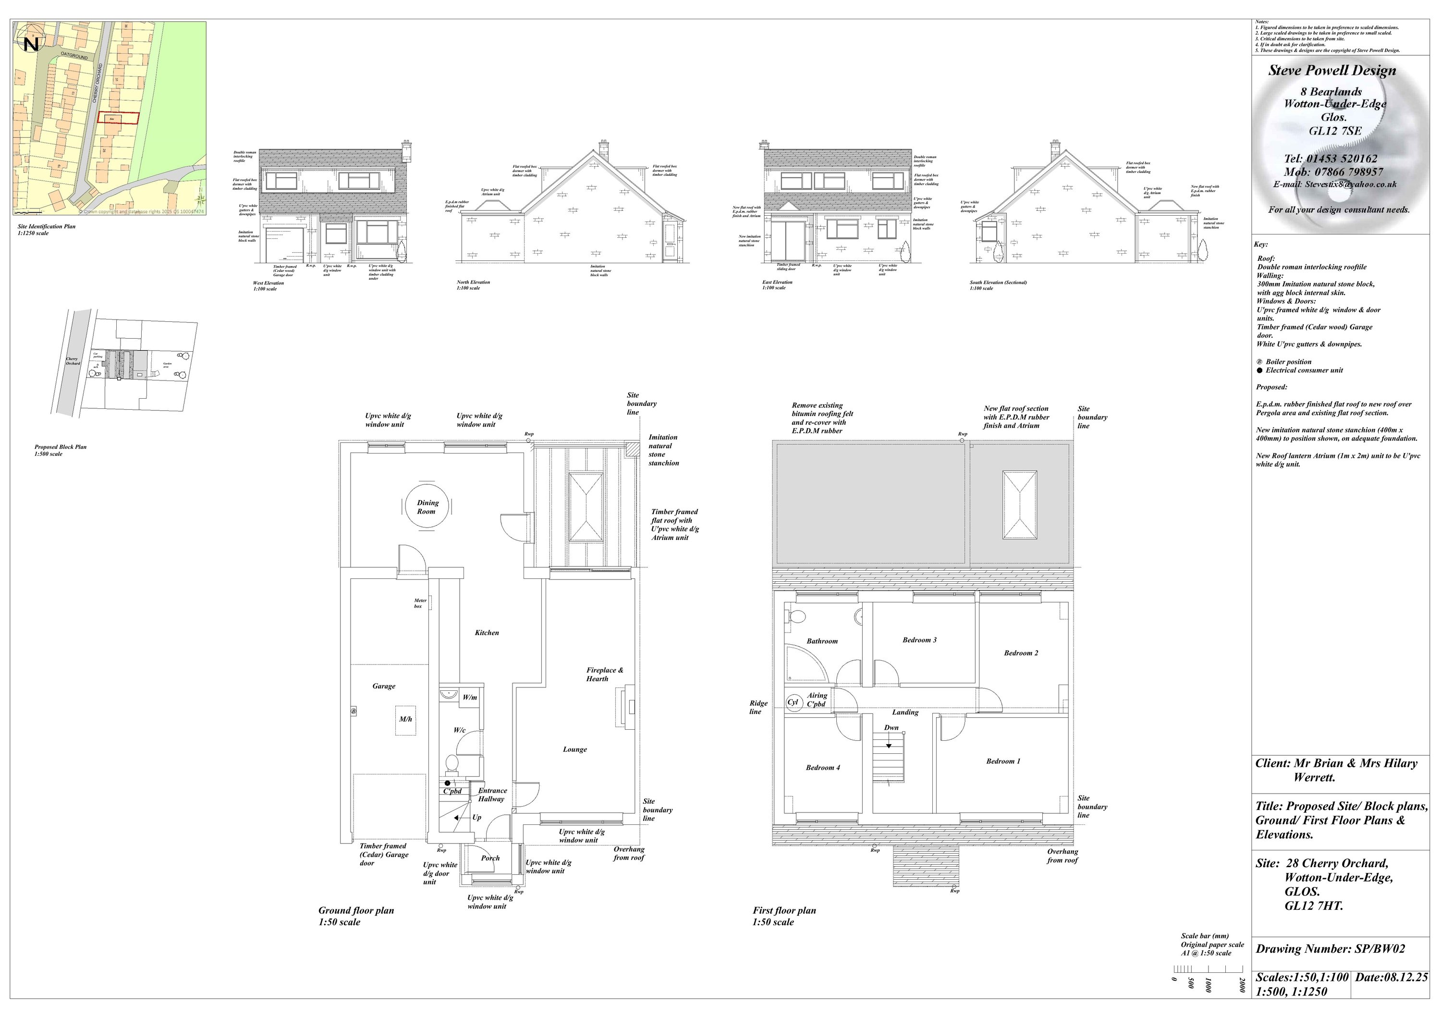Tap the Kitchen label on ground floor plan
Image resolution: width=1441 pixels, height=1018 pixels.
click(x=487, y=633)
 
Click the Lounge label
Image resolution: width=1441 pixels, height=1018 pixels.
click(x=574, y=749)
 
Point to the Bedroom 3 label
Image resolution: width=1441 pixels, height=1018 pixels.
click(x=919, y=640)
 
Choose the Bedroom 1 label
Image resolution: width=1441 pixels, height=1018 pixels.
click(x=1003, y=761)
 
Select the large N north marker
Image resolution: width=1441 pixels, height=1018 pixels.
click(x=31, y=44)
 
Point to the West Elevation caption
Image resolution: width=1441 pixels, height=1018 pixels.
click(x=269, y=283)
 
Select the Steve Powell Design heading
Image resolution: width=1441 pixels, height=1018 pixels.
click(x=1332, y=70)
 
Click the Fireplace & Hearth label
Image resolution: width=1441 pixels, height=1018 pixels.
click(x=604, y=674)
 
